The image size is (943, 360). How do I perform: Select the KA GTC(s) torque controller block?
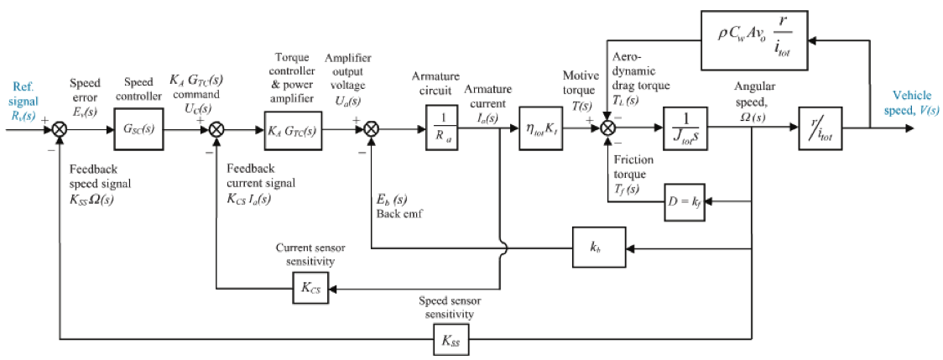point(293,130)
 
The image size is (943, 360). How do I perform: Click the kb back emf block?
point(594,248)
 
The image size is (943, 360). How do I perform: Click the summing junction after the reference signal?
point(60,129)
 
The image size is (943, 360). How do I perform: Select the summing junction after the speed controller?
point(216,129)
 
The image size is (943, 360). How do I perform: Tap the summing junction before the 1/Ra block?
point(372,129)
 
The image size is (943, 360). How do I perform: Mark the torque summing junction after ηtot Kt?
point(609,129)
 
